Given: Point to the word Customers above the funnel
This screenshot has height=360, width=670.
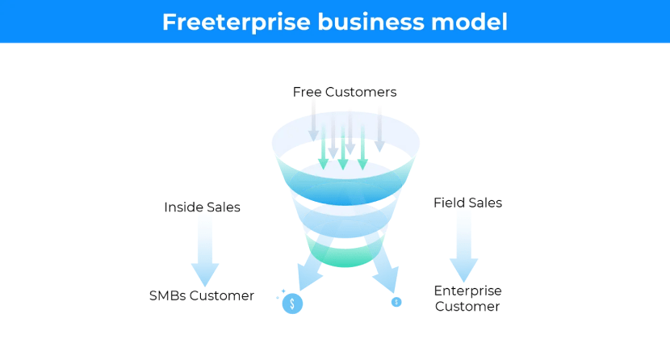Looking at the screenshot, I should point(362,92).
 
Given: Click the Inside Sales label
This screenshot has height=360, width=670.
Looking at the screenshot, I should point(202,207).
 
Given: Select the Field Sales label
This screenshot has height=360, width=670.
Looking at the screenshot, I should point(467,203).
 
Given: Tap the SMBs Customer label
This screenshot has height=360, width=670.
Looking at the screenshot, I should point(201,295).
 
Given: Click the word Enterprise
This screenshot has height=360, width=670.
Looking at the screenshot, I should point(467,291).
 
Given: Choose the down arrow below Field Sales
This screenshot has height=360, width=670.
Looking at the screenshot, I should point(463,246).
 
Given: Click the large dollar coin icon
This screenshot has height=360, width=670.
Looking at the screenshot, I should point(292,303).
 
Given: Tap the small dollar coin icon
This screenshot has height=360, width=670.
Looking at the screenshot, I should point(396,302).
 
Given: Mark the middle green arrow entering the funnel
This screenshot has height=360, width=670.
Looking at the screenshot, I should point(343,145).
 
